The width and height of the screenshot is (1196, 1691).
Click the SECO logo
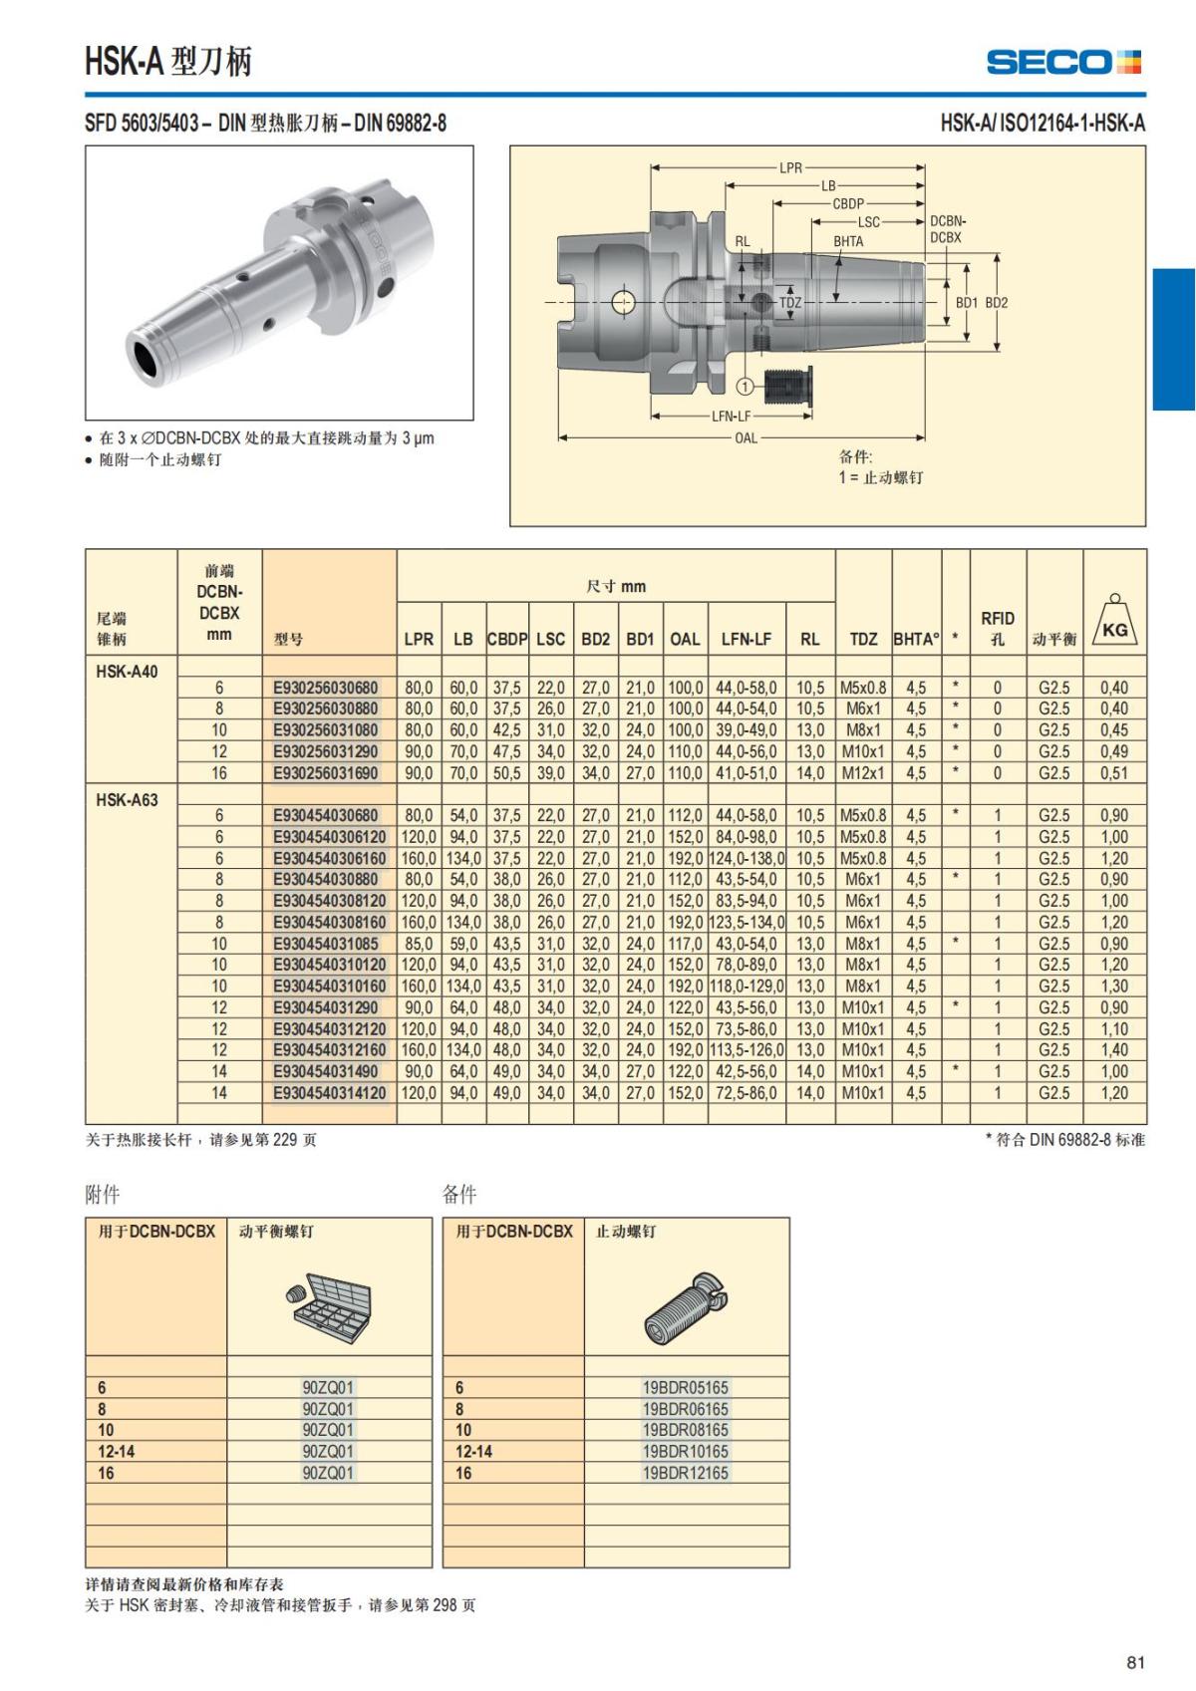[1063, 62]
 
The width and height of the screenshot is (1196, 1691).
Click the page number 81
[1135, 1662]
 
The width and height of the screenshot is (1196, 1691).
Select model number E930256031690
[326, 773]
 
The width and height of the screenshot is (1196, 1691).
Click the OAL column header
[685, 639]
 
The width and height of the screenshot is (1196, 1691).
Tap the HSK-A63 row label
[127, 799]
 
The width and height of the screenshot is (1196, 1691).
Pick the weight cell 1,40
[1113, 1050]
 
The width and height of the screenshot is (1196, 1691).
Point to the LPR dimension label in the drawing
[790, 167]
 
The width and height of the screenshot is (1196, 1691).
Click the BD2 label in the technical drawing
[997, 302]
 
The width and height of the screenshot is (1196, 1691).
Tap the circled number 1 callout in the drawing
[746, 385]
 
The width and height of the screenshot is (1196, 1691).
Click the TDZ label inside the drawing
[790, 302]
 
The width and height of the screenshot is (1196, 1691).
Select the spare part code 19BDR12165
[686, 1473]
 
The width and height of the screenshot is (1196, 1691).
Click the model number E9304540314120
[329, 1093]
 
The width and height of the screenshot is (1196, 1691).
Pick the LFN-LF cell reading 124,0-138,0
[747, 858]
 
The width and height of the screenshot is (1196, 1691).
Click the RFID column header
[997, 628]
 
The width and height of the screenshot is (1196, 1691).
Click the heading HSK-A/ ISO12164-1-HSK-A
[1043, 124]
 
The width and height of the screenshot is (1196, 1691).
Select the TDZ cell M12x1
[863, 773]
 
